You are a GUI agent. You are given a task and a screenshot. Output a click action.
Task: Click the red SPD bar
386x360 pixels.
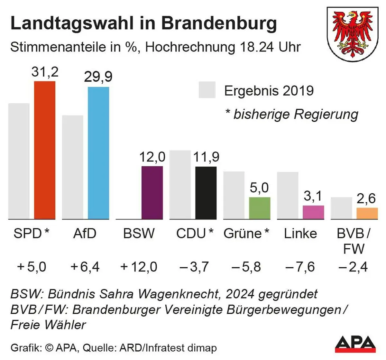(45, 150)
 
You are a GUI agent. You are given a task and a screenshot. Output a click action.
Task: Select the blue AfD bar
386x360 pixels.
(98, 153)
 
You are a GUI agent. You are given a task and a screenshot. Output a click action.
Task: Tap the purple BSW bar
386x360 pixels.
(152, 193)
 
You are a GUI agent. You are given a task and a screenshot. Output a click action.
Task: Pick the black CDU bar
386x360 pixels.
(206, 193)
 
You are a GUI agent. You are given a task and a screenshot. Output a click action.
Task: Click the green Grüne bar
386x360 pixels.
(260, 208)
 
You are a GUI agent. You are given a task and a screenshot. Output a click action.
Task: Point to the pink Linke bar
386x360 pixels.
(313, 212)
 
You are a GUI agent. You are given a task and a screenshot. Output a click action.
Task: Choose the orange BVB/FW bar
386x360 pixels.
(367, 214)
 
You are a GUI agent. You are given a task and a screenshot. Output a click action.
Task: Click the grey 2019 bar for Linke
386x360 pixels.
(288, 196)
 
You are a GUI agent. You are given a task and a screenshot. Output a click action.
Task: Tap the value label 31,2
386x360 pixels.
(45, 72)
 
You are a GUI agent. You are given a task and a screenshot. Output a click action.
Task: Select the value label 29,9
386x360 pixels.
(98, 77)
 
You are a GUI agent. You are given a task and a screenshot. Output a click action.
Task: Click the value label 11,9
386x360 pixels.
(206, 157)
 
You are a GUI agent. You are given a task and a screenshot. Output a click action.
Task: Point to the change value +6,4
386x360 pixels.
(85, 267)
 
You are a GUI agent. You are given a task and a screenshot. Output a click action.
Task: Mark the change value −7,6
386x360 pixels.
(300, 267)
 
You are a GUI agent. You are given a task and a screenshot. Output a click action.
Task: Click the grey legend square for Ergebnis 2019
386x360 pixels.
(207, 90)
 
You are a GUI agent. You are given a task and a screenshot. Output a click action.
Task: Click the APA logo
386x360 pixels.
(355, 344)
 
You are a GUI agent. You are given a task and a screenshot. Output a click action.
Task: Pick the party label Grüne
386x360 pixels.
(243, 234)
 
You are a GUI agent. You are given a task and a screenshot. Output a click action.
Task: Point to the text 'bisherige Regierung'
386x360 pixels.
(296, 114)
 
